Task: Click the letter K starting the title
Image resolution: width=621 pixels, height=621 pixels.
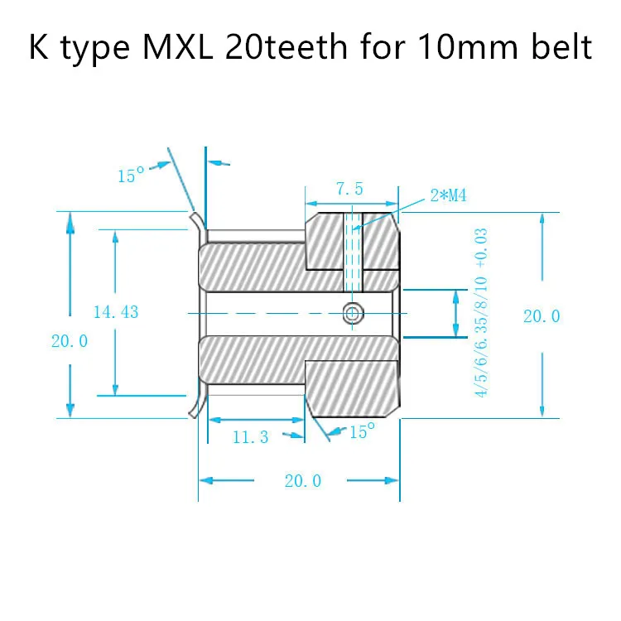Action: [38, 48]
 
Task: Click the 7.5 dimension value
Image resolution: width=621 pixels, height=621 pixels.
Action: [349, 189]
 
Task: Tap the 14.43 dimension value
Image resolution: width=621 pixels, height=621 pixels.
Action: [115, 312]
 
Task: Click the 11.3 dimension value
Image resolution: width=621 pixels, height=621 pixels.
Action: [250, 437]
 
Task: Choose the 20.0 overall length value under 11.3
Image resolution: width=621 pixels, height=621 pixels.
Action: [302, 480]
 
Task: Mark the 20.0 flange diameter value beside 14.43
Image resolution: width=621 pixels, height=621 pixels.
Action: [70, 340]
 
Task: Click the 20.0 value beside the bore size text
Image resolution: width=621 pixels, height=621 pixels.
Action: [542, 315]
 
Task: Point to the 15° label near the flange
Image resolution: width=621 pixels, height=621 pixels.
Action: [131, 176]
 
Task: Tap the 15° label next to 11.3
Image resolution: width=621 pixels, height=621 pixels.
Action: [362, 431]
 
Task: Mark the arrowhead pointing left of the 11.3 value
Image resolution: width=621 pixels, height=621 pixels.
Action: [213, 420]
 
